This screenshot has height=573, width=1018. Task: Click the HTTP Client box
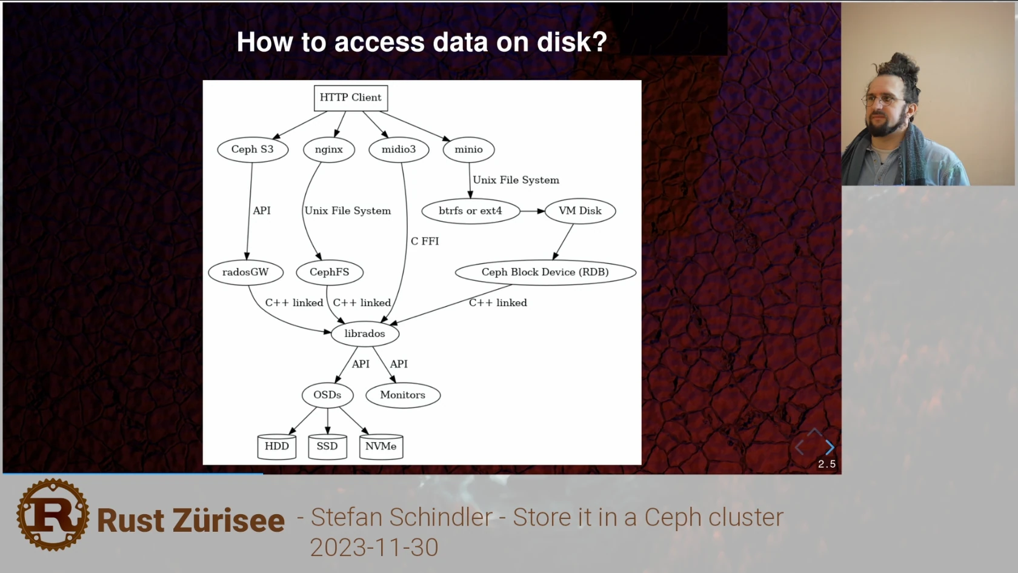[x=350, y=98]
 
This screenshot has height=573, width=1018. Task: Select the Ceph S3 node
[x=252, y=150]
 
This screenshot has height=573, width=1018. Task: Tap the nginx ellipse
[x=328, y=150]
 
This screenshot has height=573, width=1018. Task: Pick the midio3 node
[x=399, y=150]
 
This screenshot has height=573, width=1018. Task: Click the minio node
[x=468, y=150]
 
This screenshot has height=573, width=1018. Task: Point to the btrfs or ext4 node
[x=470, y=211]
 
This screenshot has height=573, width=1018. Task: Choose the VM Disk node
[x=580, y=211]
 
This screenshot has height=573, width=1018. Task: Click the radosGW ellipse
[x=245, y=272]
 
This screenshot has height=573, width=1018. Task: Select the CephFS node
[x=329, y=272]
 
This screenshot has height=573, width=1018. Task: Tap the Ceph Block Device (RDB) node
[x=545, y=272]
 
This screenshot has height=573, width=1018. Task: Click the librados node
[x=365, y=333]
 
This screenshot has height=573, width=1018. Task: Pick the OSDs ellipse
[x=327, y=395]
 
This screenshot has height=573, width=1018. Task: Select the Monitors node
[x=402, y=395]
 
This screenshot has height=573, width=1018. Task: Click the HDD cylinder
[x=276, y=447]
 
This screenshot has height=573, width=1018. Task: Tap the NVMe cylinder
[x=381, y=447]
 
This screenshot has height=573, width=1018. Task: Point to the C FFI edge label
[x=425, y=241]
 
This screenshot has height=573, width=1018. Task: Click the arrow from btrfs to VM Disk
[x=532, y=211]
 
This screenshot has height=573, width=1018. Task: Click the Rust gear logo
[x=53, y=515]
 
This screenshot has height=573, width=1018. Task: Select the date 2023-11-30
[x=374, y=548]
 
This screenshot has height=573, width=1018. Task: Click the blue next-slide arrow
[x=830, y=447]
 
